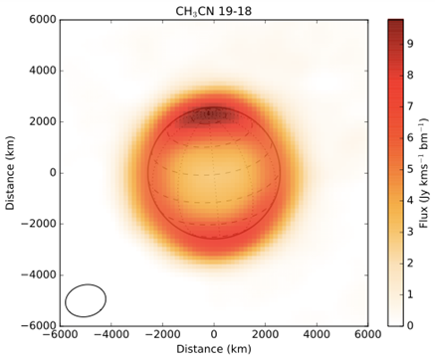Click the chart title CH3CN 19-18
pos(213,9)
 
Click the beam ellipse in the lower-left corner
pos(86,300)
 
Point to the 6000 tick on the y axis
pos(39,20)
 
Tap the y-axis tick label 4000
pos(39,71)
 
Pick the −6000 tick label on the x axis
pos(59,336)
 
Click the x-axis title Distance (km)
pos(213,350)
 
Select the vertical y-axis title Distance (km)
pos(9,172)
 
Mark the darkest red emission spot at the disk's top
pos(213,115)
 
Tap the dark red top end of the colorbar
pos(394,23)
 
